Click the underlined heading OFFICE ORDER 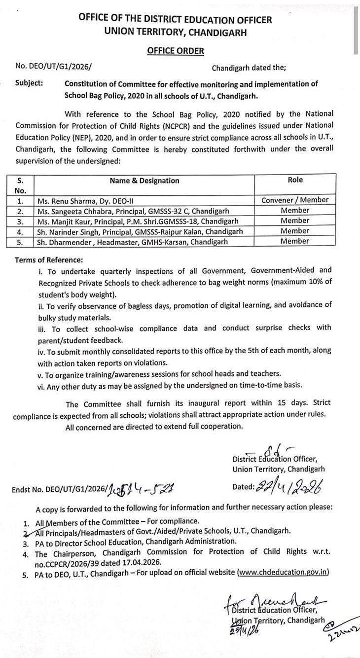click(x=175, y=50)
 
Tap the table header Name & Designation click(x=144, y=181)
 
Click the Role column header click(x=295, y=180)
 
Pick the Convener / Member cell click(x=295, y=200)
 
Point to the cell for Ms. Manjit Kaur click(x=138, y=221)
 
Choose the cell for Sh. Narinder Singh click(x=140, y=231)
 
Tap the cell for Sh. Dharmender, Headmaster click(x=133, y=242)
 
